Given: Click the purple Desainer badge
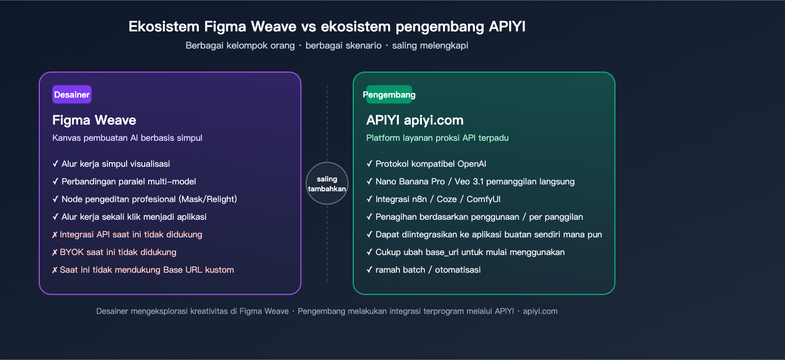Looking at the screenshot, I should click(x=72, y=95).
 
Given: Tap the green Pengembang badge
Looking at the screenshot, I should click(x=389, y=95).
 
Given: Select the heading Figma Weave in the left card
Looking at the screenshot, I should click(x=94, y=120).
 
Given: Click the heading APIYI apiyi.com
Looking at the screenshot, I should click(x=415, y=120).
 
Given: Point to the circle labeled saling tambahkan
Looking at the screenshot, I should click(x=327, y=183).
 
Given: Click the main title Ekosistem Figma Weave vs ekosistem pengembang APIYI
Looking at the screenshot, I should click(x=327, y=26).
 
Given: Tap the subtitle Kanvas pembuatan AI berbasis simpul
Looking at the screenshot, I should click(x=127, y=138).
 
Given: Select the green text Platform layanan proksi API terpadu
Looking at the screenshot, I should click(x=437, y=138).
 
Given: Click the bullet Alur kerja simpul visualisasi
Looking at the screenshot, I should click(x=115, y=164).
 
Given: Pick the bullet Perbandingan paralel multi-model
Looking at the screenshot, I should click(x=129, y=181).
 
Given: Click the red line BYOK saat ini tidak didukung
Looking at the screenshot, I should click(x=118, y=252).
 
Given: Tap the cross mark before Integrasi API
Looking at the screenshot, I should click(x=54, y=235).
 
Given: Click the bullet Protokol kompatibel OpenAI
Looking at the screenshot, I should click(x=430, y=164).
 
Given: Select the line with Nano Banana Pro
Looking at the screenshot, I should click(x=474, y=181).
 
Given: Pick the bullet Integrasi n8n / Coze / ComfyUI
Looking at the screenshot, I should click(x=438, y=199).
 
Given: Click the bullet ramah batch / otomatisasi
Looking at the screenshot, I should click(x=427, y=270).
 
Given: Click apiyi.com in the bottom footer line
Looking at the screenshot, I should click(x=540, y=311).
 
